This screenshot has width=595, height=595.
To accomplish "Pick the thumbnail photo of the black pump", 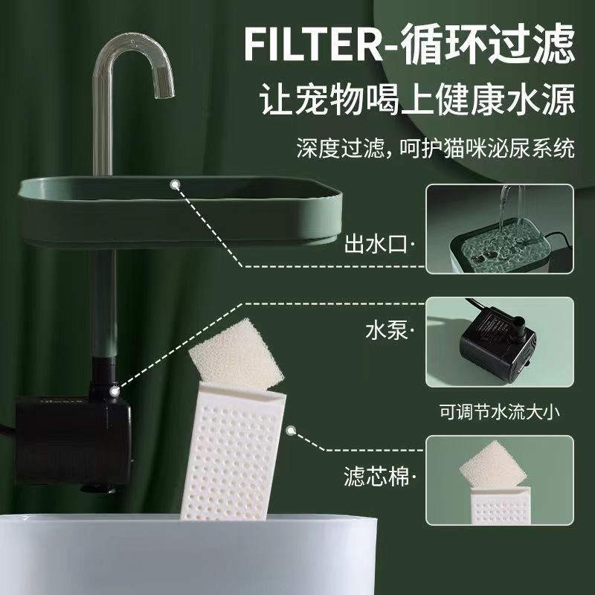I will point(499,341).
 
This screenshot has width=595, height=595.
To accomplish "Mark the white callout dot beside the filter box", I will point(291,430).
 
